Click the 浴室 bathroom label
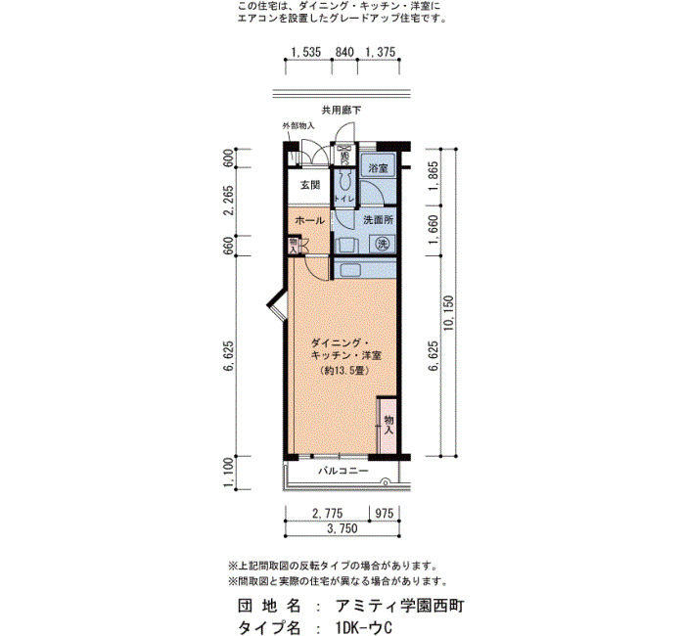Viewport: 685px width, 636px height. [x=378, y=168]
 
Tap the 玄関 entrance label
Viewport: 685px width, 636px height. [x=310, y=185]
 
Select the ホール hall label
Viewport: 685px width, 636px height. [x=310, y=220]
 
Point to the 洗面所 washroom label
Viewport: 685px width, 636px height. [x=379, y=220]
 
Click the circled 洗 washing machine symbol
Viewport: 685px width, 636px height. [x=383, y=244]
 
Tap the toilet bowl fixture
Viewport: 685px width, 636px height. [x=345, y=180]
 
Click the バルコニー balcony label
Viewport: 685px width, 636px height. [x=342, y=471]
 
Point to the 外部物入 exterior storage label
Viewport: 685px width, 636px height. [x=298, y=126]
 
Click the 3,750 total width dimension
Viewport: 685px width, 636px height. [x=342, y=528]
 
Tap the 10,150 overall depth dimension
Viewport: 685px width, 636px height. [x=449, y=313]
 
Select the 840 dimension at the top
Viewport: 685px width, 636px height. [x=344, y=52]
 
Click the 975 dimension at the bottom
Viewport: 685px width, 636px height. [x=385, y=513]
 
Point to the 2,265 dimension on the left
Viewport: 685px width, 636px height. [x=229, y=201]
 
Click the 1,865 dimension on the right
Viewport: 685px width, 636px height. [x=434, y=176]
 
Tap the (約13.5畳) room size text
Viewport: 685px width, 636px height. [x=345, y=371]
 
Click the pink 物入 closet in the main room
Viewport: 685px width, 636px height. [x=388, y=426]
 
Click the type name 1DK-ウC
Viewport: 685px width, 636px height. [x=364, y=627]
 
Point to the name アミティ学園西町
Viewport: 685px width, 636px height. [x=399, y=606]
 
